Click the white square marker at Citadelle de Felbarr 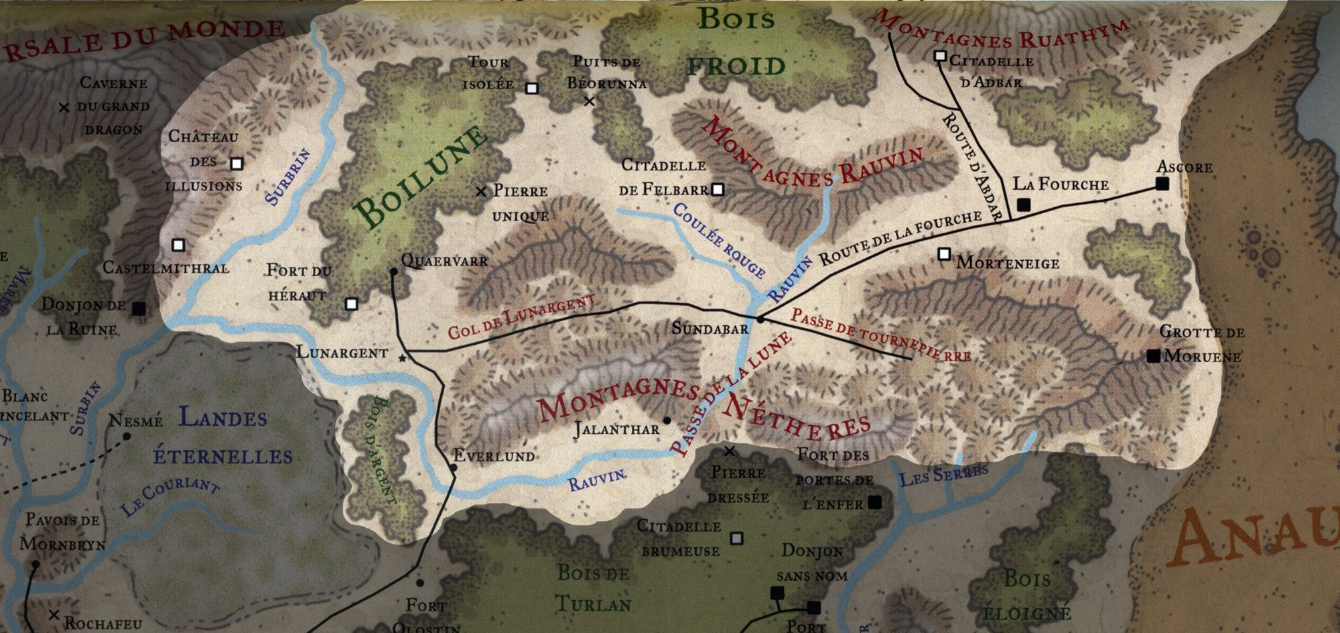point(718,190)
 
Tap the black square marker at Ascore point(1162,184)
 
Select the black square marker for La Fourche point(1023,205)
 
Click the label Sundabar point(710,329)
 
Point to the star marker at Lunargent point(402,359)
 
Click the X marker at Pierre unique point(480,192)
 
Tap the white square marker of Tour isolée point(532,88)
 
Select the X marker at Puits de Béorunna point(589,102)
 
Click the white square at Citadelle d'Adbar point(940,56)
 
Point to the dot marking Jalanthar point(667,420)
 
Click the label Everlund point(494,456)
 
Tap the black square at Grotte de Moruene point(1153,356)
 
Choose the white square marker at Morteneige point(944,254)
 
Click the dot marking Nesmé point(127,437)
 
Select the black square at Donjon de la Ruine point(139,308)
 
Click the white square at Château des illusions point(236,164)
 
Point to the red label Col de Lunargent point(521,316)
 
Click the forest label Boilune point(420,176)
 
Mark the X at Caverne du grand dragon point(64,107)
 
